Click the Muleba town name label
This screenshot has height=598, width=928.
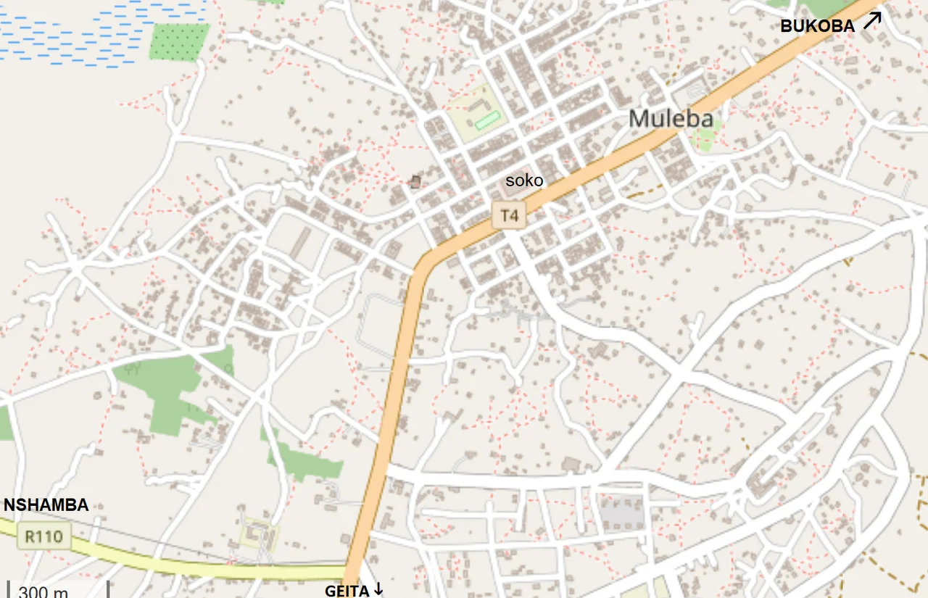671,118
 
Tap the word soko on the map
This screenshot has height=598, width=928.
523,180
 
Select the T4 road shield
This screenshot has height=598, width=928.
509,215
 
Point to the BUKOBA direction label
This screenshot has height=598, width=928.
817,26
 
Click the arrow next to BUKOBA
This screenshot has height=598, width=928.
872,20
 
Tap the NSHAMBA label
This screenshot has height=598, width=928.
46,505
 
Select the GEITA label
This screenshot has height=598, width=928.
347,591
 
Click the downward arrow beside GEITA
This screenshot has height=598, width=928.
378,590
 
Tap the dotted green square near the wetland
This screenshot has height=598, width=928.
179,42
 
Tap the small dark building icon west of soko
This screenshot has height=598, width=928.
415,181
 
